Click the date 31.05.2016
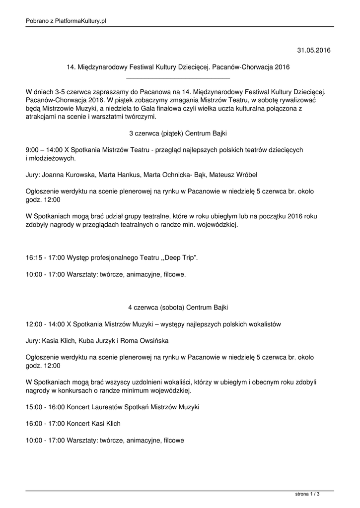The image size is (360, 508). point(313,50)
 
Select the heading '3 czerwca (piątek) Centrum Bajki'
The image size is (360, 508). point(178,133)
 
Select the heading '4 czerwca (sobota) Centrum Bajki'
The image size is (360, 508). point(178,308)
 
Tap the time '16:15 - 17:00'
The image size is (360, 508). point(45,258)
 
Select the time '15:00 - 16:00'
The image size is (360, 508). point(45,407)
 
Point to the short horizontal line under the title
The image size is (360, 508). point(178,78)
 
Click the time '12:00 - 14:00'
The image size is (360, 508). point(45,324)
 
